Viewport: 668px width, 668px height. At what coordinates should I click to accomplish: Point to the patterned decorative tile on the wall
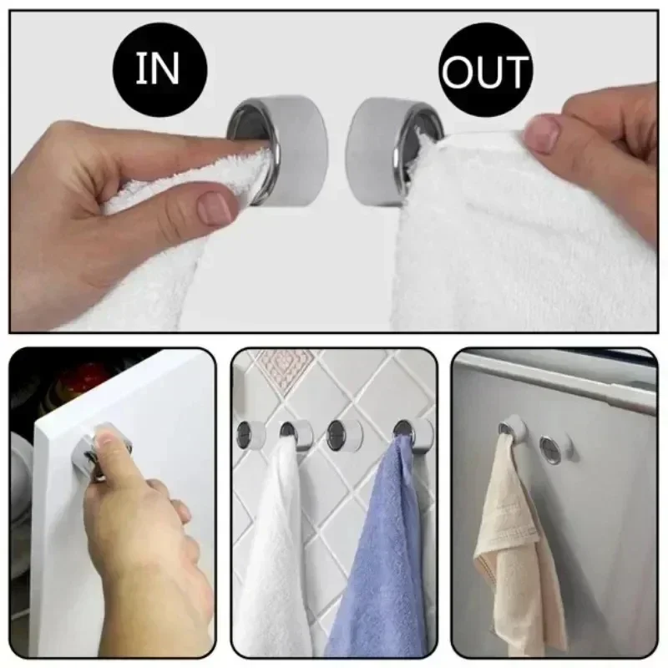point(284,367)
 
